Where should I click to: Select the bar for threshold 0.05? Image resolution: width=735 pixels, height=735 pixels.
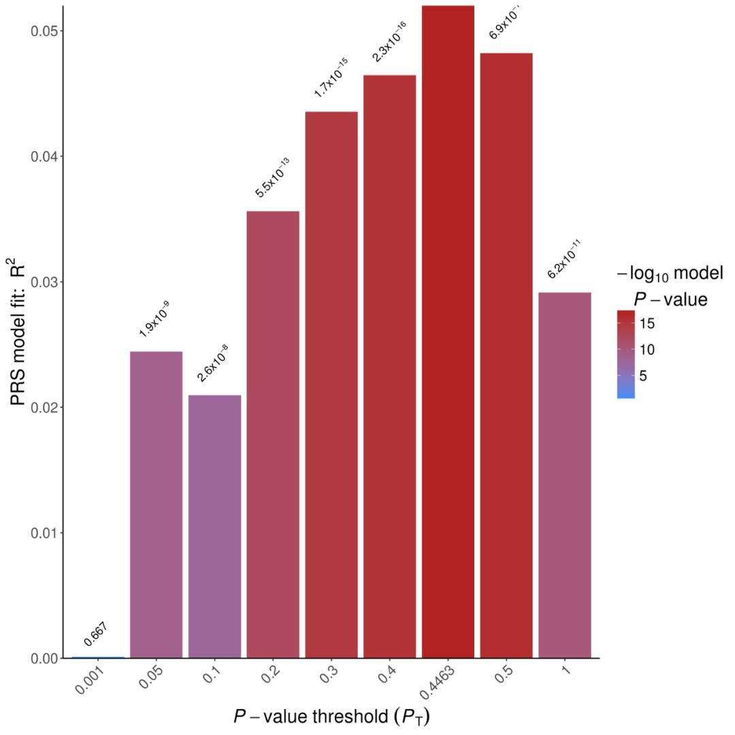click(x=156, y=504)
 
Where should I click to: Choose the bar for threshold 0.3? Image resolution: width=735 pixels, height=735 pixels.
click(x=331, y=385)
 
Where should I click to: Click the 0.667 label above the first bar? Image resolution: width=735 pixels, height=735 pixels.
click(x=96, y=634)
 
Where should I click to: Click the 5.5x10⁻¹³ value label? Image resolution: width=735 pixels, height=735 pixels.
click(x=272, y=178)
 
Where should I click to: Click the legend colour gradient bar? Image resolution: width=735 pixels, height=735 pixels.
click(x=625, y=354)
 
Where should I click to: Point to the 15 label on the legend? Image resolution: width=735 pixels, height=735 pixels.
click(x=647, y=324)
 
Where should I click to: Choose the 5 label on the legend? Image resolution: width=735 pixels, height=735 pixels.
click(x=643, y=375)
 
